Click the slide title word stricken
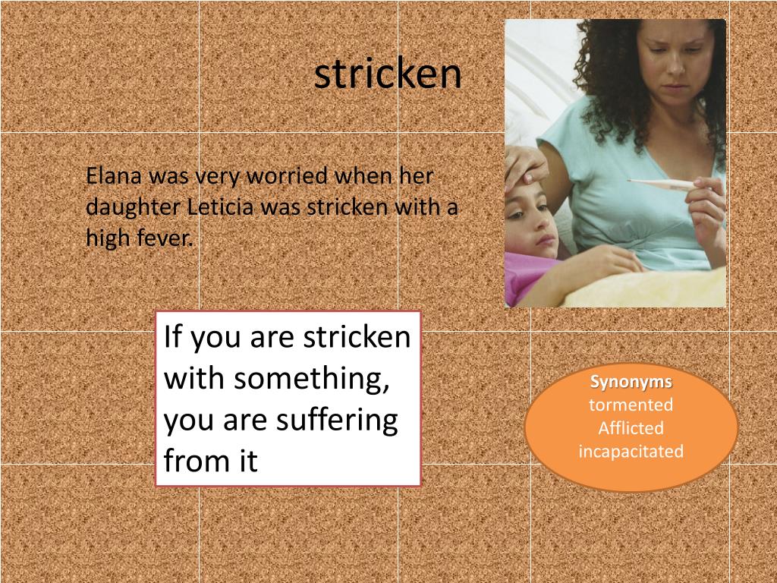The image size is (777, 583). (x=388, y=74)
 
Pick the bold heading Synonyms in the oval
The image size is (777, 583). (x=631, y=382)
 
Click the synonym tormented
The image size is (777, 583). (x=631, y=405)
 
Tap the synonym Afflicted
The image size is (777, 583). (x=631, y=428)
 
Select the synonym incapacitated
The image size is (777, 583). (x=631, y=452)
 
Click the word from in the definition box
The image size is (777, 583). (x=185, y=461)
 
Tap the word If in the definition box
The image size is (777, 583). (x=174, y=337)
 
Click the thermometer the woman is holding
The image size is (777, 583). (x=660, y=184)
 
